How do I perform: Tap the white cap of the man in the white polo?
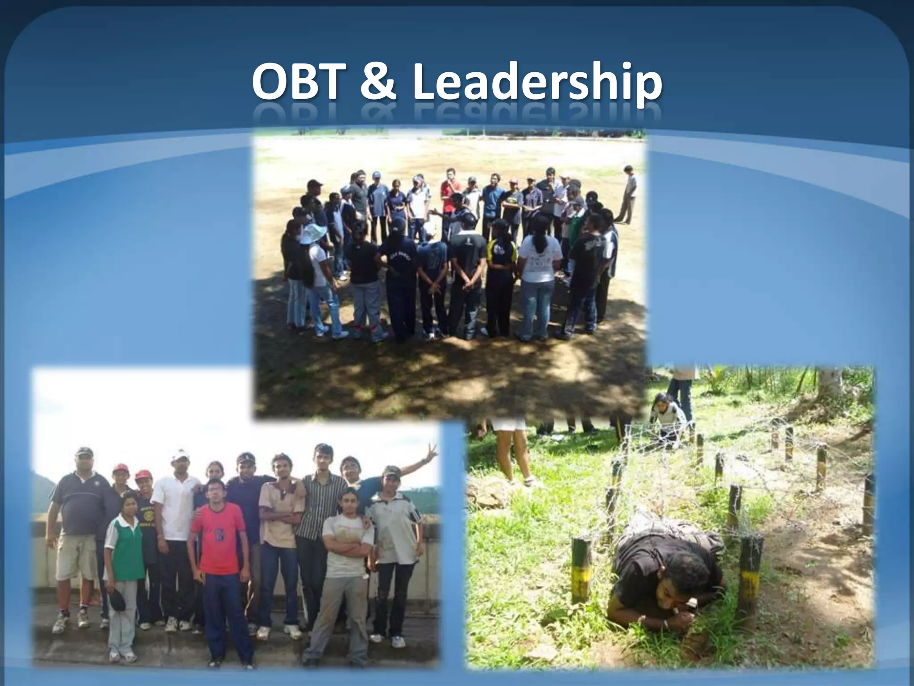tap(180, 455)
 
